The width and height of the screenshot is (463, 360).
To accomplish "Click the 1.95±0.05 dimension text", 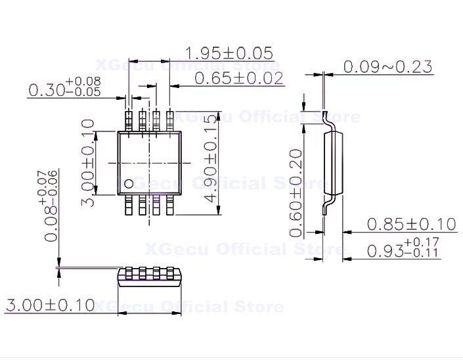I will [229, 53].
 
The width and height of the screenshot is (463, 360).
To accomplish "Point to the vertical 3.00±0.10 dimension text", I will [89, 162].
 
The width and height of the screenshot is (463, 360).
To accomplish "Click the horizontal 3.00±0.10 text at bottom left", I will [49, 305].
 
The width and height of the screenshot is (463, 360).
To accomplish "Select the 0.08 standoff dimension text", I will [51, 206].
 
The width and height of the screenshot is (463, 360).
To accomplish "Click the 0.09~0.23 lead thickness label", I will [388, 66].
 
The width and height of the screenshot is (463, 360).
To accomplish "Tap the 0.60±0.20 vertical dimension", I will [296, 192].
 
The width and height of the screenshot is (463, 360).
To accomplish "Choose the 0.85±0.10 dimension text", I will [410, 224].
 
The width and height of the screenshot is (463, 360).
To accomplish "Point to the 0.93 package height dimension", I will [403, 250].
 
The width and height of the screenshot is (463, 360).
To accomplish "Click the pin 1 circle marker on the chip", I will [129, 183].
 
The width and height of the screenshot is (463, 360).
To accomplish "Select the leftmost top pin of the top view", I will [129, 121].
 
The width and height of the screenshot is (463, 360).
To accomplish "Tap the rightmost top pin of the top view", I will [171, 121].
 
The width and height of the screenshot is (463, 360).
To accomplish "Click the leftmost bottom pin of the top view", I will [129, 204].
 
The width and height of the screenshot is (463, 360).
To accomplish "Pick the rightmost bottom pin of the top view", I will [171, 204].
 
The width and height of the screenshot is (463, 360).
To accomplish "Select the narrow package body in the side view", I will [334, 162].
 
